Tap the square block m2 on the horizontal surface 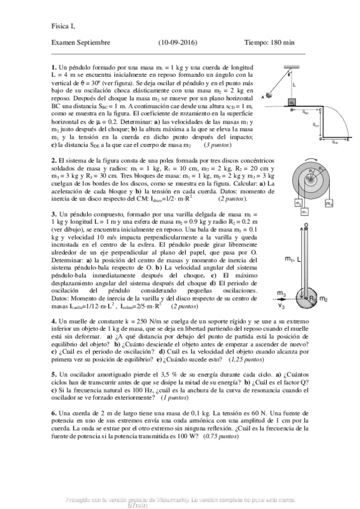291,102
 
